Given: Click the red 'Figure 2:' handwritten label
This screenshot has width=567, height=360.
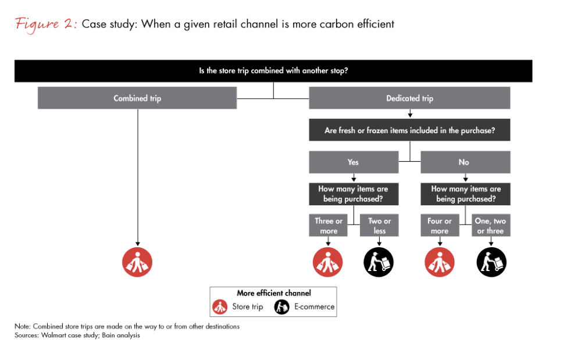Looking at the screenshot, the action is [46, 24].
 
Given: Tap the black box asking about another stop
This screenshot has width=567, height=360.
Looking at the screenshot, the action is [273, 71].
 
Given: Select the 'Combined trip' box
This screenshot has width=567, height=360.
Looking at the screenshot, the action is [137, 98].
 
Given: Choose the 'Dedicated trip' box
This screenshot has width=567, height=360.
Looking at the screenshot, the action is [410, 98].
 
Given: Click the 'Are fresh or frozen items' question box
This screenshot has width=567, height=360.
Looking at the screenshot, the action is [410, 130].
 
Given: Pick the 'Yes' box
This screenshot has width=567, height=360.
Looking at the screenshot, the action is [354, 162].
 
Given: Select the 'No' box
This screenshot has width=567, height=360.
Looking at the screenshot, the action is [465, 162].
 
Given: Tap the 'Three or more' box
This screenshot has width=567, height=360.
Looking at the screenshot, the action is [329, 226].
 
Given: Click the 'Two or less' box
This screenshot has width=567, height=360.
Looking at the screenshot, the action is [379, 226].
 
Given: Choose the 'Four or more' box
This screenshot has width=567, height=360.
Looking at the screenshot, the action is [440, 226].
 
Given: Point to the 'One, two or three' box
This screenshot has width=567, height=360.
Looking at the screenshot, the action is [491, 226].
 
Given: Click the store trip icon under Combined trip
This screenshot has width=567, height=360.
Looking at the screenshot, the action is [137, 262].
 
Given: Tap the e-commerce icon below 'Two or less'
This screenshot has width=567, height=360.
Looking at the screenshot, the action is [379, 262].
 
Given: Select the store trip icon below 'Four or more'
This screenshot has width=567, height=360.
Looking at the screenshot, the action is [440, 262].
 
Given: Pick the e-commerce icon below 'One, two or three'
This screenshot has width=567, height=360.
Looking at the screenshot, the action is [491, 262].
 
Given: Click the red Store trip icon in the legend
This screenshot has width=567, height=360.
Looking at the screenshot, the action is [220, 307].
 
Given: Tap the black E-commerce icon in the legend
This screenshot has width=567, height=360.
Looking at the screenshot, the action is [281, 307].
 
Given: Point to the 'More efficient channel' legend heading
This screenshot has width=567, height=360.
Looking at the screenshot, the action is [274, 293].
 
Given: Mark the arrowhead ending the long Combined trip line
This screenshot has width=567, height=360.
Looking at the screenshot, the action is [137, 244].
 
